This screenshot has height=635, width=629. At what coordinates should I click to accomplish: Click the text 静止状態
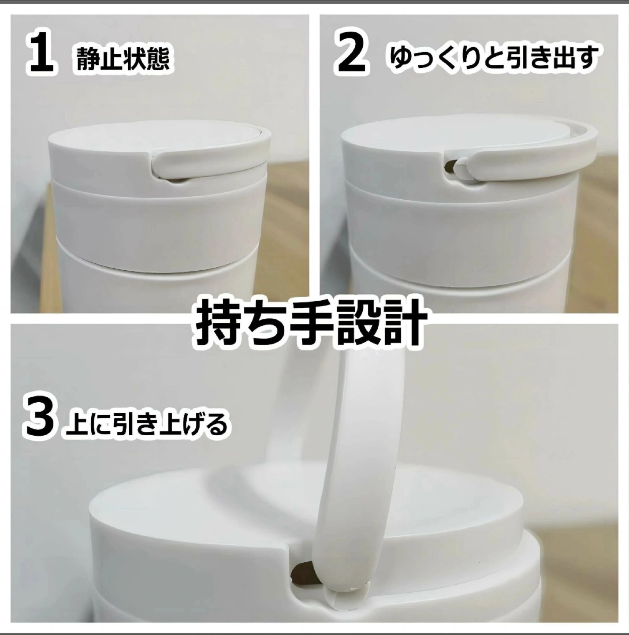(123, 60)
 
